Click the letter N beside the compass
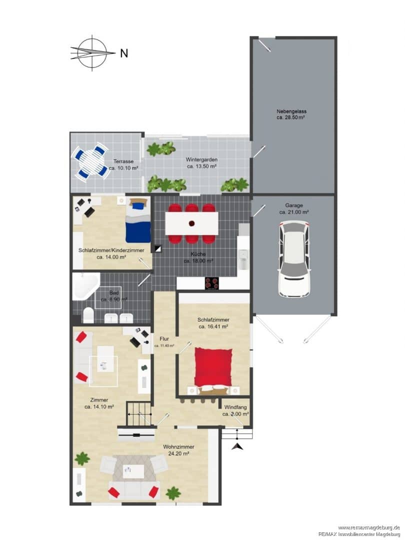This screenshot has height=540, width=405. click(x=124, y=53)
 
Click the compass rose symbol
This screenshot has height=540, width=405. click(x=92, y=53)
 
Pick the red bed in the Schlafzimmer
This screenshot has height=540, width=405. click(x=213, y=368)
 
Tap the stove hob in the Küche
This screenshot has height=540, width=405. click(x=212, y=283)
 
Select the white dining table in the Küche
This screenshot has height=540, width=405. click(x=191, y=223)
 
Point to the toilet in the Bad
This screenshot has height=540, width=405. click(x=88, y=315)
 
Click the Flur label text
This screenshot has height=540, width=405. click(x=164, y=339)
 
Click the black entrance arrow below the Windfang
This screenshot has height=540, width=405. click(x=237, y=446)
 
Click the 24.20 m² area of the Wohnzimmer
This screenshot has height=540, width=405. click(x=178, y=453)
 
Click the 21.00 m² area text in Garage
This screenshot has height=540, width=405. click(x=294, y=212)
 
